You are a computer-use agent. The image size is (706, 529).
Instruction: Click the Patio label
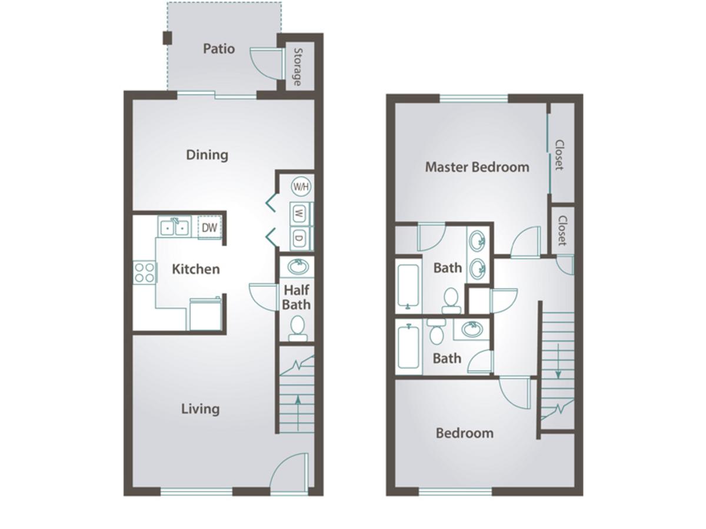(x=219, y=49)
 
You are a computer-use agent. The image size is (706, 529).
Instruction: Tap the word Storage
(x=298, y=67)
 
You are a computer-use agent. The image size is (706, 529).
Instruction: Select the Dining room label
(x=207, y=155)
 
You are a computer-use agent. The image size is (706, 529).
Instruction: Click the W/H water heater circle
(x=301, y=186)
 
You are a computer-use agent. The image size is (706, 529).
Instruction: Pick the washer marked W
(x=299, y=213)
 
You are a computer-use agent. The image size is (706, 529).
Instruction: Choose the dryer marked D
(x=299, y=238)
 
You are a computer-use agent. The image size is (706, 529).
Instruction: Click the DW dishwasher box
(x=209, y=227)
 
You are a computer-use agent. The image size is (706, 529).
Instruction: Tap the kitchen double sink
(x=174, y=227)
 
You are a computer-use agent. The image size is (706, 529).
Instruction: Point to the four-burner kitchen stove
(x=144, y=272)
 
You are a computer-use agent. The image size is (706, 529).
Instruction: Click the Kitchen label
(x=196, y=269)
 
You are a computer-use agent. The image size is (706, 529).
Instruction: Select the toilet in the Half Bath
(x=298, y=328)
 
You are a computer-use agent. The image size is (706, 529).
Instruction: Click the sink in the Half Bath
(x=298, y=267)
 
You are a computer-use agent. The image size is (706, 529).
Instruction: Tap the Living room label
(x=201, y=409)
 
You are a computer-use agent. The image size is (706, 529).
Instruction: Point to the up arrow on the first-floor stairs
(x=298, y=413)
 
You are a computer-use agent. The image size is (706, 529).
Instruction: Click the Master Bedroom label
(x=477, y=167)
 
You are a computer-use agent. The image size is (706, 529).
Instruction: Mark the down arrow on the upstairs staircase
(x=558, y=361)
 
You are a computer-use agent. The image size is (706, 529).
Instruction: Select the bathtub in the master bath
(x=408, y=286)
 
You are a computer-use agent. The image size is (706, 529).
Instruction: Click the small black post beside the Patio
(x=167, y=38)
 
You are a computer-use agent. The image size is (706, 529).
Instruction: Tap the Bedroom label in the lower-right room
(x=464, y=433)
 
